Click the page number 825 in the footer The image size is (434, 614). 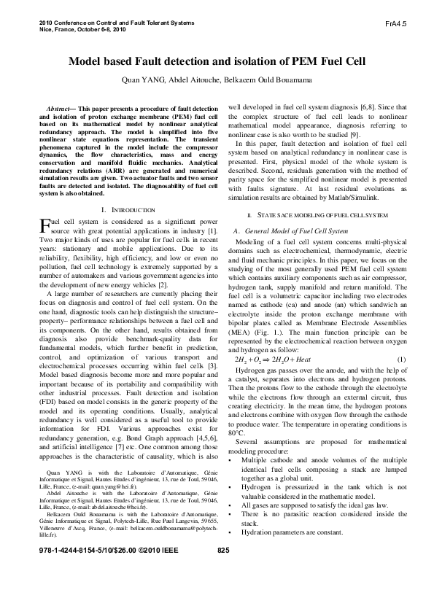pos(224,592)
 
